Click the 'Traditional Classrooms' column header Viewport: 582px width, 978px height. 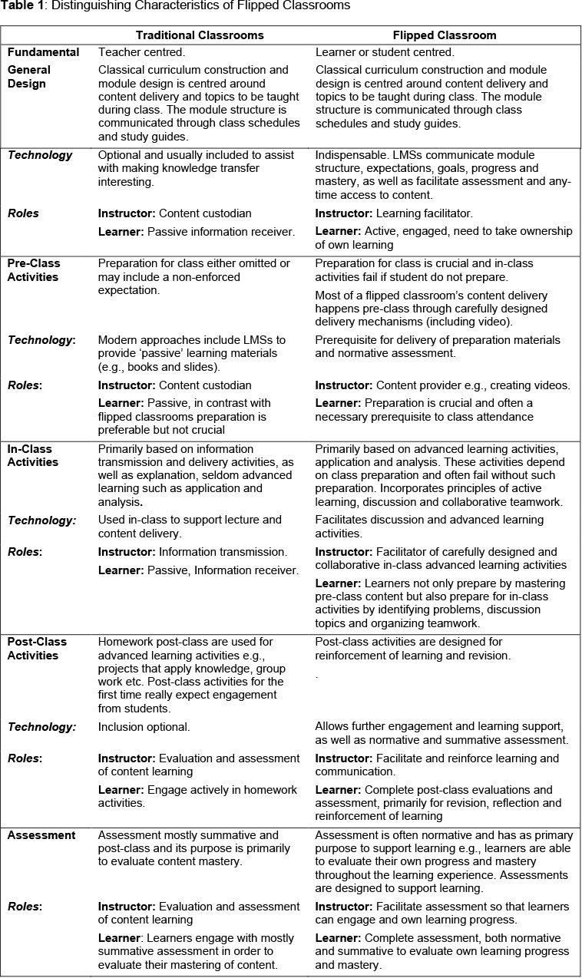coord(200,35)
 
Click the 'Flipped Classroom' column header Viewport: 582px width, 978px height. coord(445,35)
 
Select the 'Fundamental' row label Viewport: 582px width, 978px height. coord(44,53)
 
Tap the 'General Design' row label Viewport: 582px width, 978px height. coord(29,77)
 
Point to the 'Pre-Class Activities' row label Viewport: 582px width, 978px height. coord(33,270)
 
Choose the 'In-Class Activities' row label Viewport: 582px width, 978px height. coord(33,455)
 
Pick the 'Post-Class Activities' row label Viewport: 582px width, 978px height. coord(38,649)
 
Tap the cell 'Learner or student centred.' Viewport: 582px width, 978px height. coord(385,53)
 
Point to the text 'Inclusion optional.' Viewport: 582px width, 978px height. coord(144,726)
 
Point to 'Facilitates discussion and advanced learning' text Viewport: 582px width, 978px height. coord(429,520)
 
